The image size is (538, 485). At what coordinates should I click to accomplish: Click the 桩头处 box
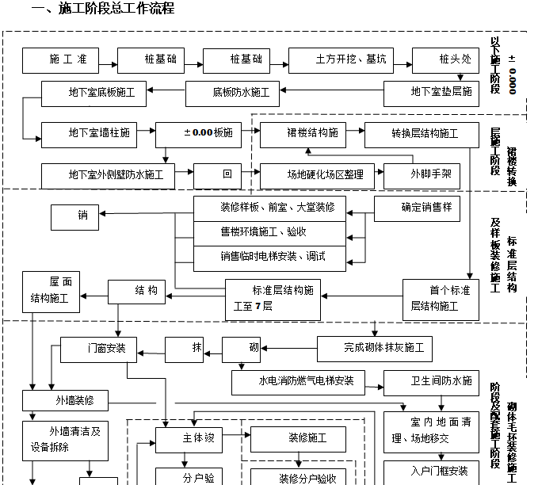(x=446, y=60)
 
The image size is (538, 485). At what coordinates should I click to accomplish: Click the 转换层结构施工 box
(x=422, y=134)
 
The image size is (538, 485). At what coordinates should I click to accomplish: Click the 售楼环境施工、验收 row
(x=263, y=232)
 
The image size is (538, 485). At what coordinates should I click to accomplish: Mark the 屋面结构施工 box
(x=50, y=290)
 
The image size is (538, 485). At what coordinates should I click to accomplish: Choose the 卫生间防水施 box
(x=432, y=382)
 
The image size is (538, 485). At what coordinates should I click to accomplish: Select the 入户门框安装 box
(x=432, y=472)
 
